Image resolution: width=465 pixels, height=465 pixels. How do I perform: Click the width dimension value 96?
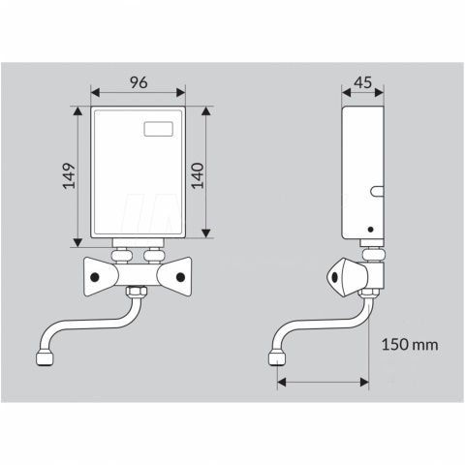click(x=139, y=82)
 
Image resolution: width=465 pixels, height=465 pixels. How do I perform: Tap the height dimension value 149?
click(x=69, y=176)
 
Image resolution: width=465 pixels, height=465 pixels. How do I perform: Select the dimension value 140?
click(x=198, y=175)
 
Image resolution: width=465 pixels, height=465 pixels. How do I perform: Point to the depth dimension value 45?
click(x=363, y=82)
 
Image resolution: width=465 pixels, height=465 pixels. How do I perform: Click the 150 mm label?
click(x=410, y=345)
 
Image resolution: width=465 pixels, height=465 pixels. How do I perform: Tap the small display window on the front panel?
click(x=158, y=129)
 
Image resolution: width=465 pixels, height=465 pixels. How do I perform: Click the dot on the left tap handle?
click(x=95, y=277)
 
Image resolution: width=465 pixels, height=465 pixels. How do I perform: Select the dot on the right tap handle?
click(x=180, y=277)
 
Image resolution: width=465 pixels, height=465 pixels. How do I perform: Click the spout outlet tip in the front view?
click(x=45, y=359)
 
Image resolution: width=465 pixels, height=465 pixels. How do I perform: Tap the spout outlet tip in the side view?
click(x=276, y=358)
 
